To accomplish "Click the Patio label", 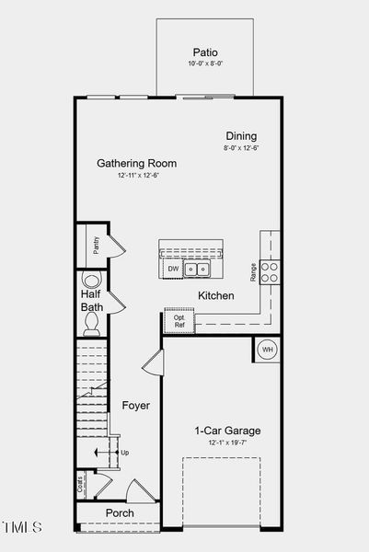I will [x=205, y=52].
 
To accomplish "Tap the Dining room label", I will [x=241, y=136].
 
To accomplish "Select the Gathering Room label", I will [x=137, y=164].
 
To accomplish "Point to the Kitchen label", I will [x=215, y=296].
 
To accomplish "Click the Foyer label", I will [x=135, y=405].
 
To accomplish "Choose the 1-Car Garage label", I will [x=227, y=431].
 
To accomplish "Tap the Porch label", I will [x=120, y=512].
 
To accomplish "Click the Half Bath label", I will [x=92, y=300].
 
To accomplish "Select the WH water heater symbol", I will [x=268, y=350].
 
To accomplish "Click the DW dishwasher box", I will [x=173, y=269].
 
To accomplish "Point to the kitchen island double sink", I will [x=196, y=270].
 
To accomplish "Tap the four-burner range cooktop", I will [x=271, y=271].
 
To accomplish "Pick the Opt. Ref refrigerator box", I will [x=179, y=322].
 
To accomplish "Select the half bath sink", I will [x=90, y=280].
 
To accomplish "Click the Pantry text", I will [x=96, y=245].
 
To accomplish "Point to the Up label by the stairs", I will [x=125, y=453].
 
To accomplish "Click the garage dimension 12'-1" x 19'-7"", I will [x=227, y=443].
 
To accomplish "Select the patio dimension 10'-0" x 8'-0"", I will [x=205, y=64].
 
